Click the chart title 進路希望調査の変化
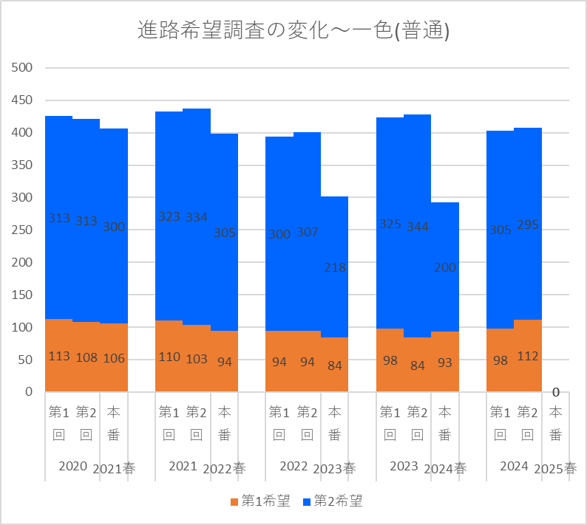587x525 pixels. click(x=293, y=31)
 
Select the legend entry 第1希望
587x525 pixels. click(x=259, y=501)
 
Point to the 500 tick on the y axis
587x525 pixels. click(x=24, y=68)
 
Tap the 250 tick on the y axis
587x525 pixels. click(x=24, y=230)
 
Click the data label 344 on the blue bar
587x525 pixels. click(x=418, y=226)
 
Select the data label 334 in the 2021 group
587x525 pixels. click(x=197, y=217)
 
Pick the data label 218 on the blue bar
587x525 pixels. click(x=335, y=267)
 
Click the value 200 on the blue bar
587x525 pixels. click(x=445, y=267)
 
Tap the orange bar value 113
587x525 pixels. click(x=59, y=356)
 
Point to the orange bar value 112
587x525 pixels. click(x=528, y=356)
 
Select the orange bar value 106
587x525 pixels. click(x=114, y=359)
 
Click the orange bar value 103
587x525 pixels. click(x=197, y=359)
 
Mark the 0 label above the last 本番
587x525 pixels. click(x=555, y=392)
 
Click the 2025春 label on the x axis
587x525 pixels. click(x=555, y=468)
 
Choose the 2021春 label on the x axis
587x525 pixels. click(x=114, y=468)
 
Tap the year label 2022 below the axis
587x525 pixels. click(x=293, y=466)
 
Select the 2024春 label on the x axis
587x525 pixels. click(x=445, y=468)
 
